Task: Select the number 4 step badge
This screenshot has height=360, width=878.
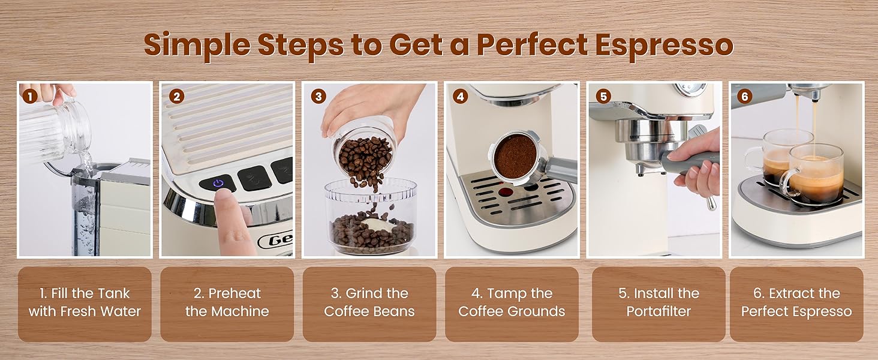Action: click(x=460, y=95)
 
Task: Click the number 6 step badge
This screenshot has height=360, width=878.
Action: click(x=744, y=95)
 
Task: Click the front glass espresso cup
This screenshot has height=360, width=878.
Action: click(x=816, y=174)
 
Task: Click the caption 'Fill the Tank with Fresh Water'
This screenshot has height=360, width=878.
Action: click(x=85, y=302)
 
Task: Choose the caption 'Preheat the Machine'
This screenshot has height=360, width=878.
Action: click(x=227, y=302)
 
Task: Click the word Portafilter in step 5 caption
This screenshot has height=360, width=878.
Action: click(x=659, y=311)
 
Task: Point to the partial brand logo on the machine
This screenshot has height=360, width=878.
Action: click(x=276, y=241)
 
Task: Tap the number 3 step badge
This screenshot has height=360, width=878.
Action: click(x=318, y=95)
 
